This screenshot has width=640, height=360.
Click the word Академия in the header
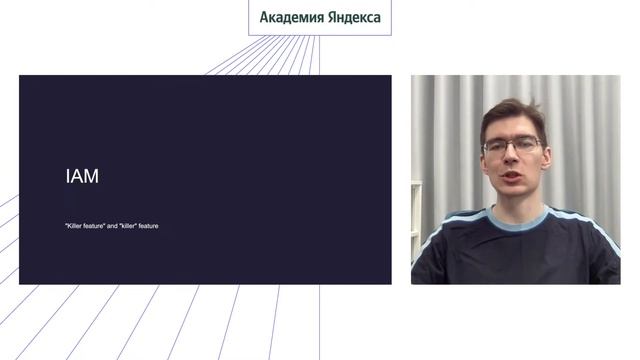289,17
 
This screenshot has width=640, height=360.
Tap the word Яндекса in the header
351,17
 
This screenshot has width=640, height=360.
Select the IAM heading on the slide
82,177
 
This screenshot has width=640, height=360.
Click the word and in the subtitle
111,226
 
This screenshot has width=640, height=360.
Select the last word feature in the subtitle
148,226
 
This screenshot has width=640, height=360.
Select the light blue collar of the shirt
518,221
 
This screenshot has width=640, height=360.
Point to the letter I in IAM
68,177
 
